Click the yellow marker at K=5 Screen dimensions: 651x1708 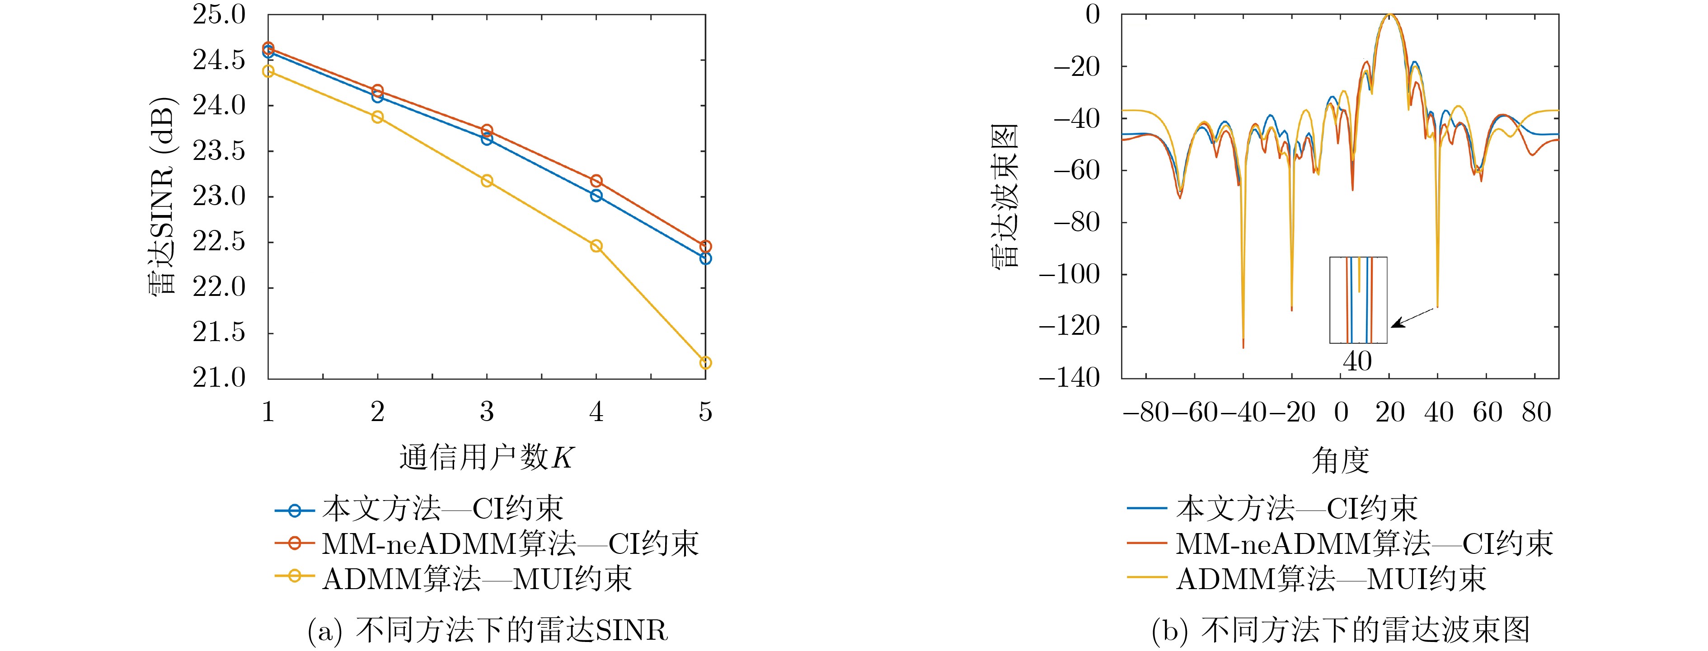pos(705,363)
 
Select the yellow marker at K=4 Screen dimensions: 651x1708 pos(596,246)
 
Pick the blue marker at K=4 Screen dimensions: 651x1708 pos(596,196)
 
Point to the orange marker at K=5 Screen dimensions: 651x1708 pos(705,247)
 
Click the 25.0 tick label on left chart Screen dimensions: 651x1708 pos(219,14)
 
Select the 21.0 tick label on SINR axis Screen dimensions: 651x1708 pos(219,378)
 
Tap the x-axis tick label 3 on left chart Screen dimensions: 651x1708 pos(487,412)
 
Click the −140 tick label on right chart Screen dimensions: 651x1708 pos(1069,378)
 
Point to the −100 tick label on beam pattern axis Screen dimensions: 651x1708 pos(1069,274)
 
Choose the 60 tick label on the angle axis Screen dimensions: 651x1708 pos(1487,412)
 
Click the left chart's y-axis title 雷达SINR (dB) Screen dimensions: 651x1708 pos(162,196)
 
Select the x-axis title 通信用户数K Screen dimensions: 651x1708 pos(486,458)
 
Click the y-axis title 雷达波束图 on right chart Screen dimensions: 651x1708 pos(1004,196)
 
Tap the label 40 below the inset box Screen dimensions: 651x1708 pos(1357,361)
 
